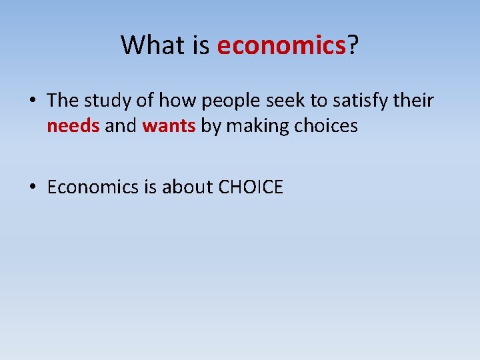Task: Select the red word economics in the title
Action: (x=281, y=45)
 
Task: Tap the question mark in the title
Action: (x=352, y=45)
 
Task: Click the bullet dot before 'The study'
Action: (x=33, y=101)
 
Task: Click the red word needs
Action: (x=73, y=126)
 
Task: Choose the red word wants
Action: (x=169, y=126)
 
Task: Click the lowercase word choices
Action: (x=326, y=126)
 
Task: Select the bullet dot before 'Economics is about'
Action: (x=33, y=188)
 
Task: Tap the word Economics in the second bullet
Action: (x=92, y=187)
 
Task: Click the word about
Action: (x=187, y=187)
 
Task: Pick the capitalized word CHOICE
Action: (x=251, y=187)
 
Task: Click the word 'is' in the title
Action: (x=201, y=45)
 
